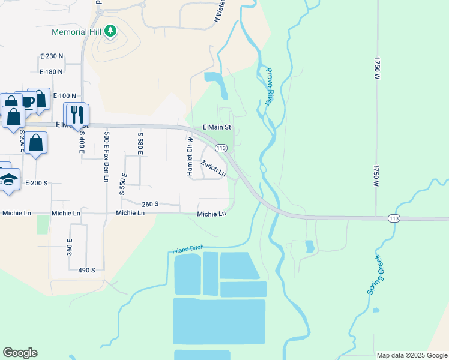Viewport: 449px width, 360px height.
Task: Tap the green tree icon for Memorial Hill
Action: pos(110,31)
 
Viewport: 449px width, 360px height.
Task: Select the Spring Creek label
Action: pos(375,274)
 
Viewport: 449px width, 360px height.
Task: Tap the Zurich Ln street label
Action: pos(213,169)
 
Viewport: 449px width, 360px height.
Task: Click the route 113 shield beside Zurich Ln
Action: pos(221,148)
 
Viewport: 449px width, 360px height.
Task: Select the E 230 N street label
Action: pos(52,56)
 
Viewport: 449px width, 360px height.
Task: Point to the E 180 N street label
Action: pos(52,72)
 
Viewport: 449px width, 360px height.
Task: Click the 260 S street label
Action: pos(150,204)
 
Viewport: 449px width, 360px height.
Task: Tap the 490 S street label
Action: pos(86,271)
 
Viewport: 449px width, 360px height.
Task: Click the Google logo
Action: pos(20,353)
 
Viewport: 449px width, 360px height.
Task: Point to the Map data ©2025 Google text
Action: pos(411,355)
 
